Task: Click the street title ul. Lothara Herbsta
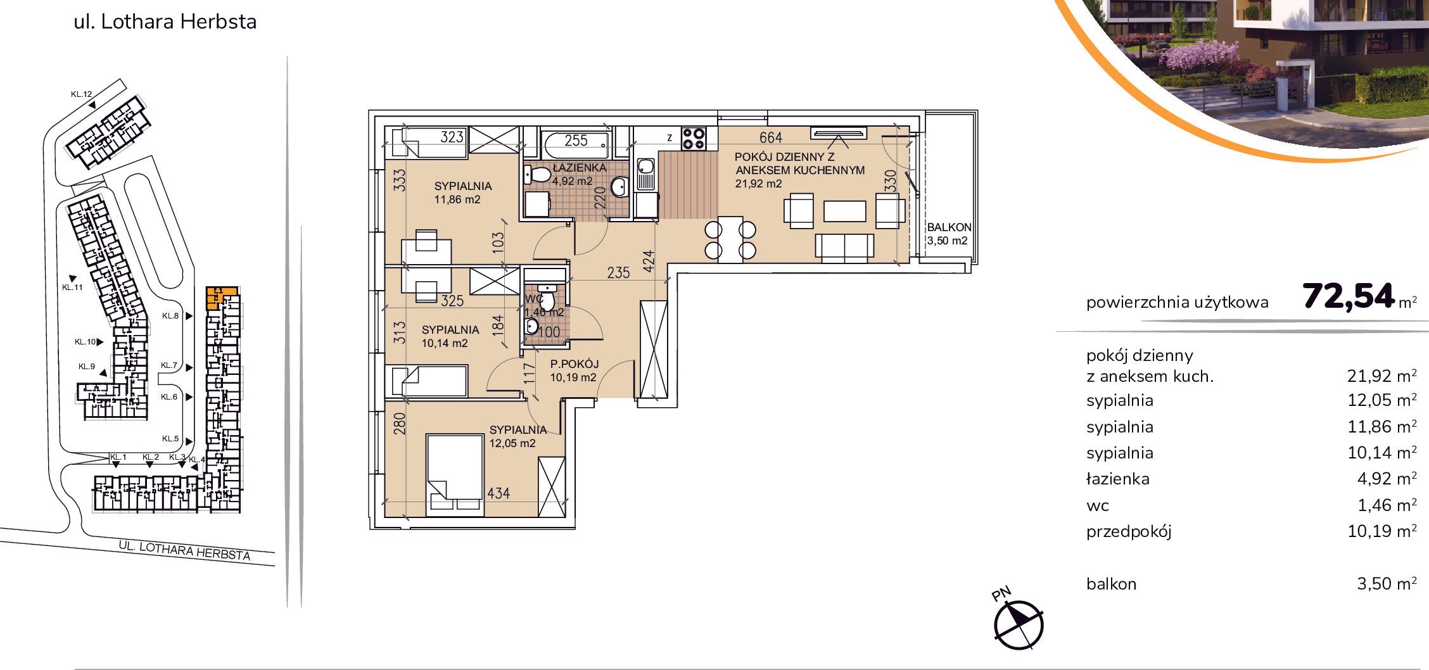tap(165, 22)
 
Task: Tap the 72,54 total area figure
tap(1349, 296)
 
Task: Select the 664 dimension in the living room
tap(771, 137)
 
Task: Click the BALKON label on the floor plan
tap(949, 227)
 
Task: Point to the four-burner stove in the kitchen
tap(694, 139)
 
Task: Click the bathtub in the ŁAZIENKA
tap(576, 145)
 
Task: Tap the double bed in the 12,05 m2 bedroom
tap(455, 472)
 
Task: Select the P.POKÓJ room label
tap(575, 363)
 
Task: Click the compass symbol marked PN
tap(1019, 624)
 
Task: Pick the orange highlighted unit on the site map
tap(220, 297)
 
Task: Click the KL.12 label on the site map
tap(81, 94)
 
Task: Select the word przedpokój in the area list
tap(1129, 532)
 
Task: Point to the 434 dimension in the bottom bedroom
tap(499, 493)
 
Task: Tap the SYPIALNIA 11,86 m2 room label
tap(463, 193)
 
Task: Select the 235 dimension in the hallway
tap(618, 272)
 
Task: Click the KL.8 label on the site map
tap(170, 316)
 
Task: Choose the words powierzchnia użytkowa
tap(1178, 303)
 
